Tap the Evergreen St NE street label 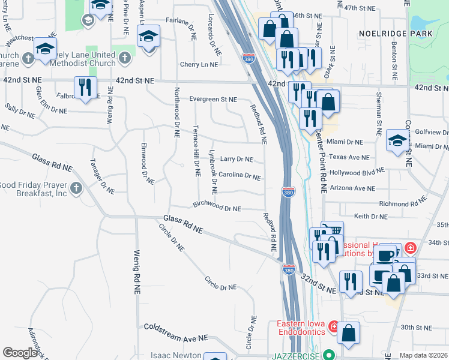[213, 100]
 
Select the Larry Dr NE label [236, 159]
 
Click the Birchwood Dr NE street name [217, 208]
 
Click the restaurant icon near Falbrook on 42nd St [85, 88]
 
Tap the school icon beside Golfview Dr [397, 140]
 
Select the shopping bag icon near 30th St [348, 332]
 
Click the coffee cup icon [384, 255]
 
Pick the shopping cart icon [333, 230]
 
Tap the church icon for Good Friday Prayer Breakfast [76, 188]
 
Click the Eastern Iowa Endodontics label [301, 328]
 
